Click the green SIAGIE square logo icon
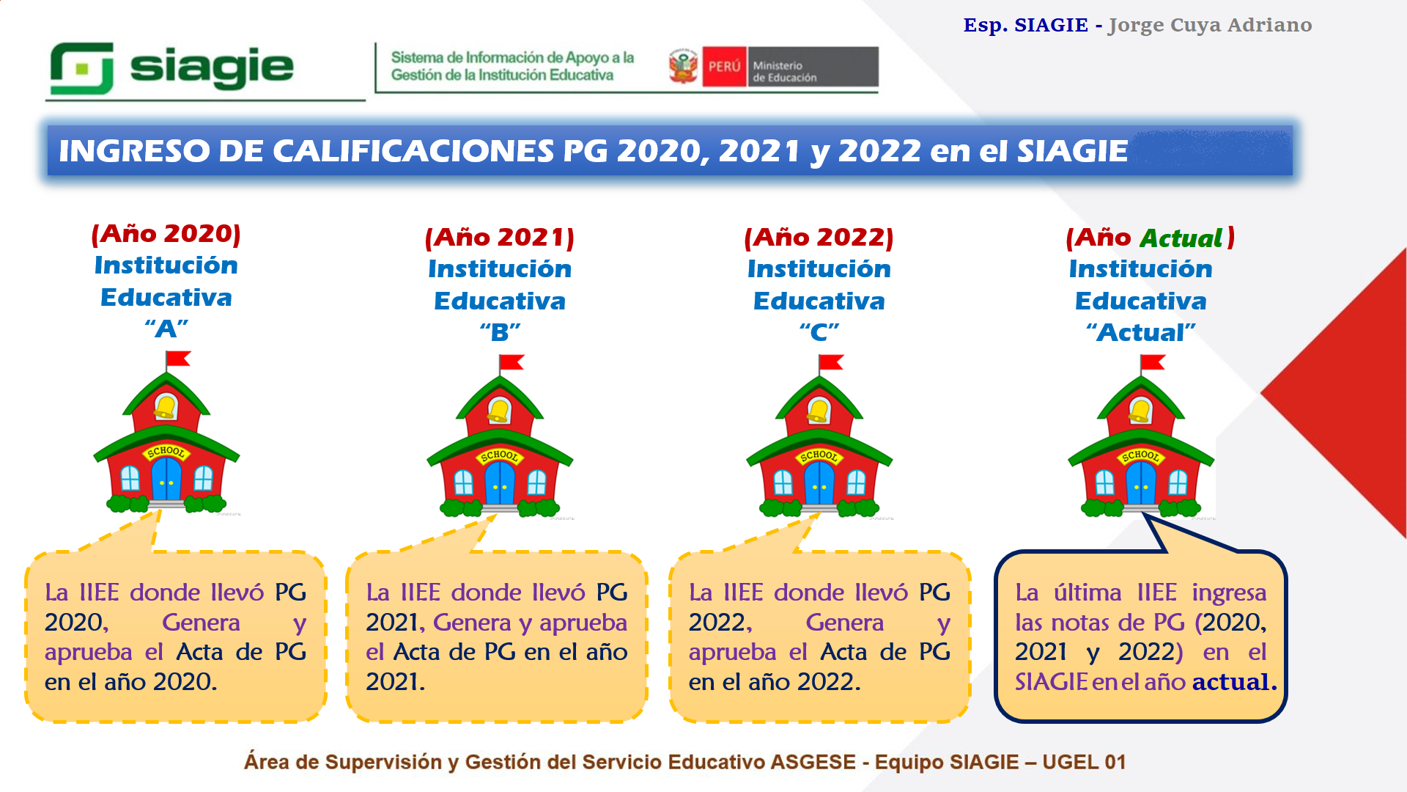(x=81, y=68)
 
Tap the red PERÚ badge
(x=724, y=67)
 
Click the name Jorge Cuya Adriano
(x=1210, y=26)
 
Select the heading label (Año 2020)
(x=166, y=234)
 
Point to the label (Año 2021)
(x=500, y=238)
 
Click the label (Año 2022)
(x=819, y=238)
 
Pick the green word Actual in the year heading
(x=1181, y=238)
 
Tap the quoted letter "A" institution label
(x=166, y=329)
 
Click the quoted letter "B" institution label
(x=500, y=332)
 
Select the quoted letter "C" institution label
(x=819, y=332)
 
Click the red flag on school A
(x=178, y=359)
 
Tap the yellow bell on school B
(x=500, y=411)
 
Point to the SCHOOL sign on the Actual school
(x=1140, y=456)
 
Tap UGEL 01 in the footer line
(x=1084, y=763)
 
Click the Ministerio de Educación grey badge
(x=813, y=67)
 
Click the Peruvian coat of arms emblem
(x=684, y=67)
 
